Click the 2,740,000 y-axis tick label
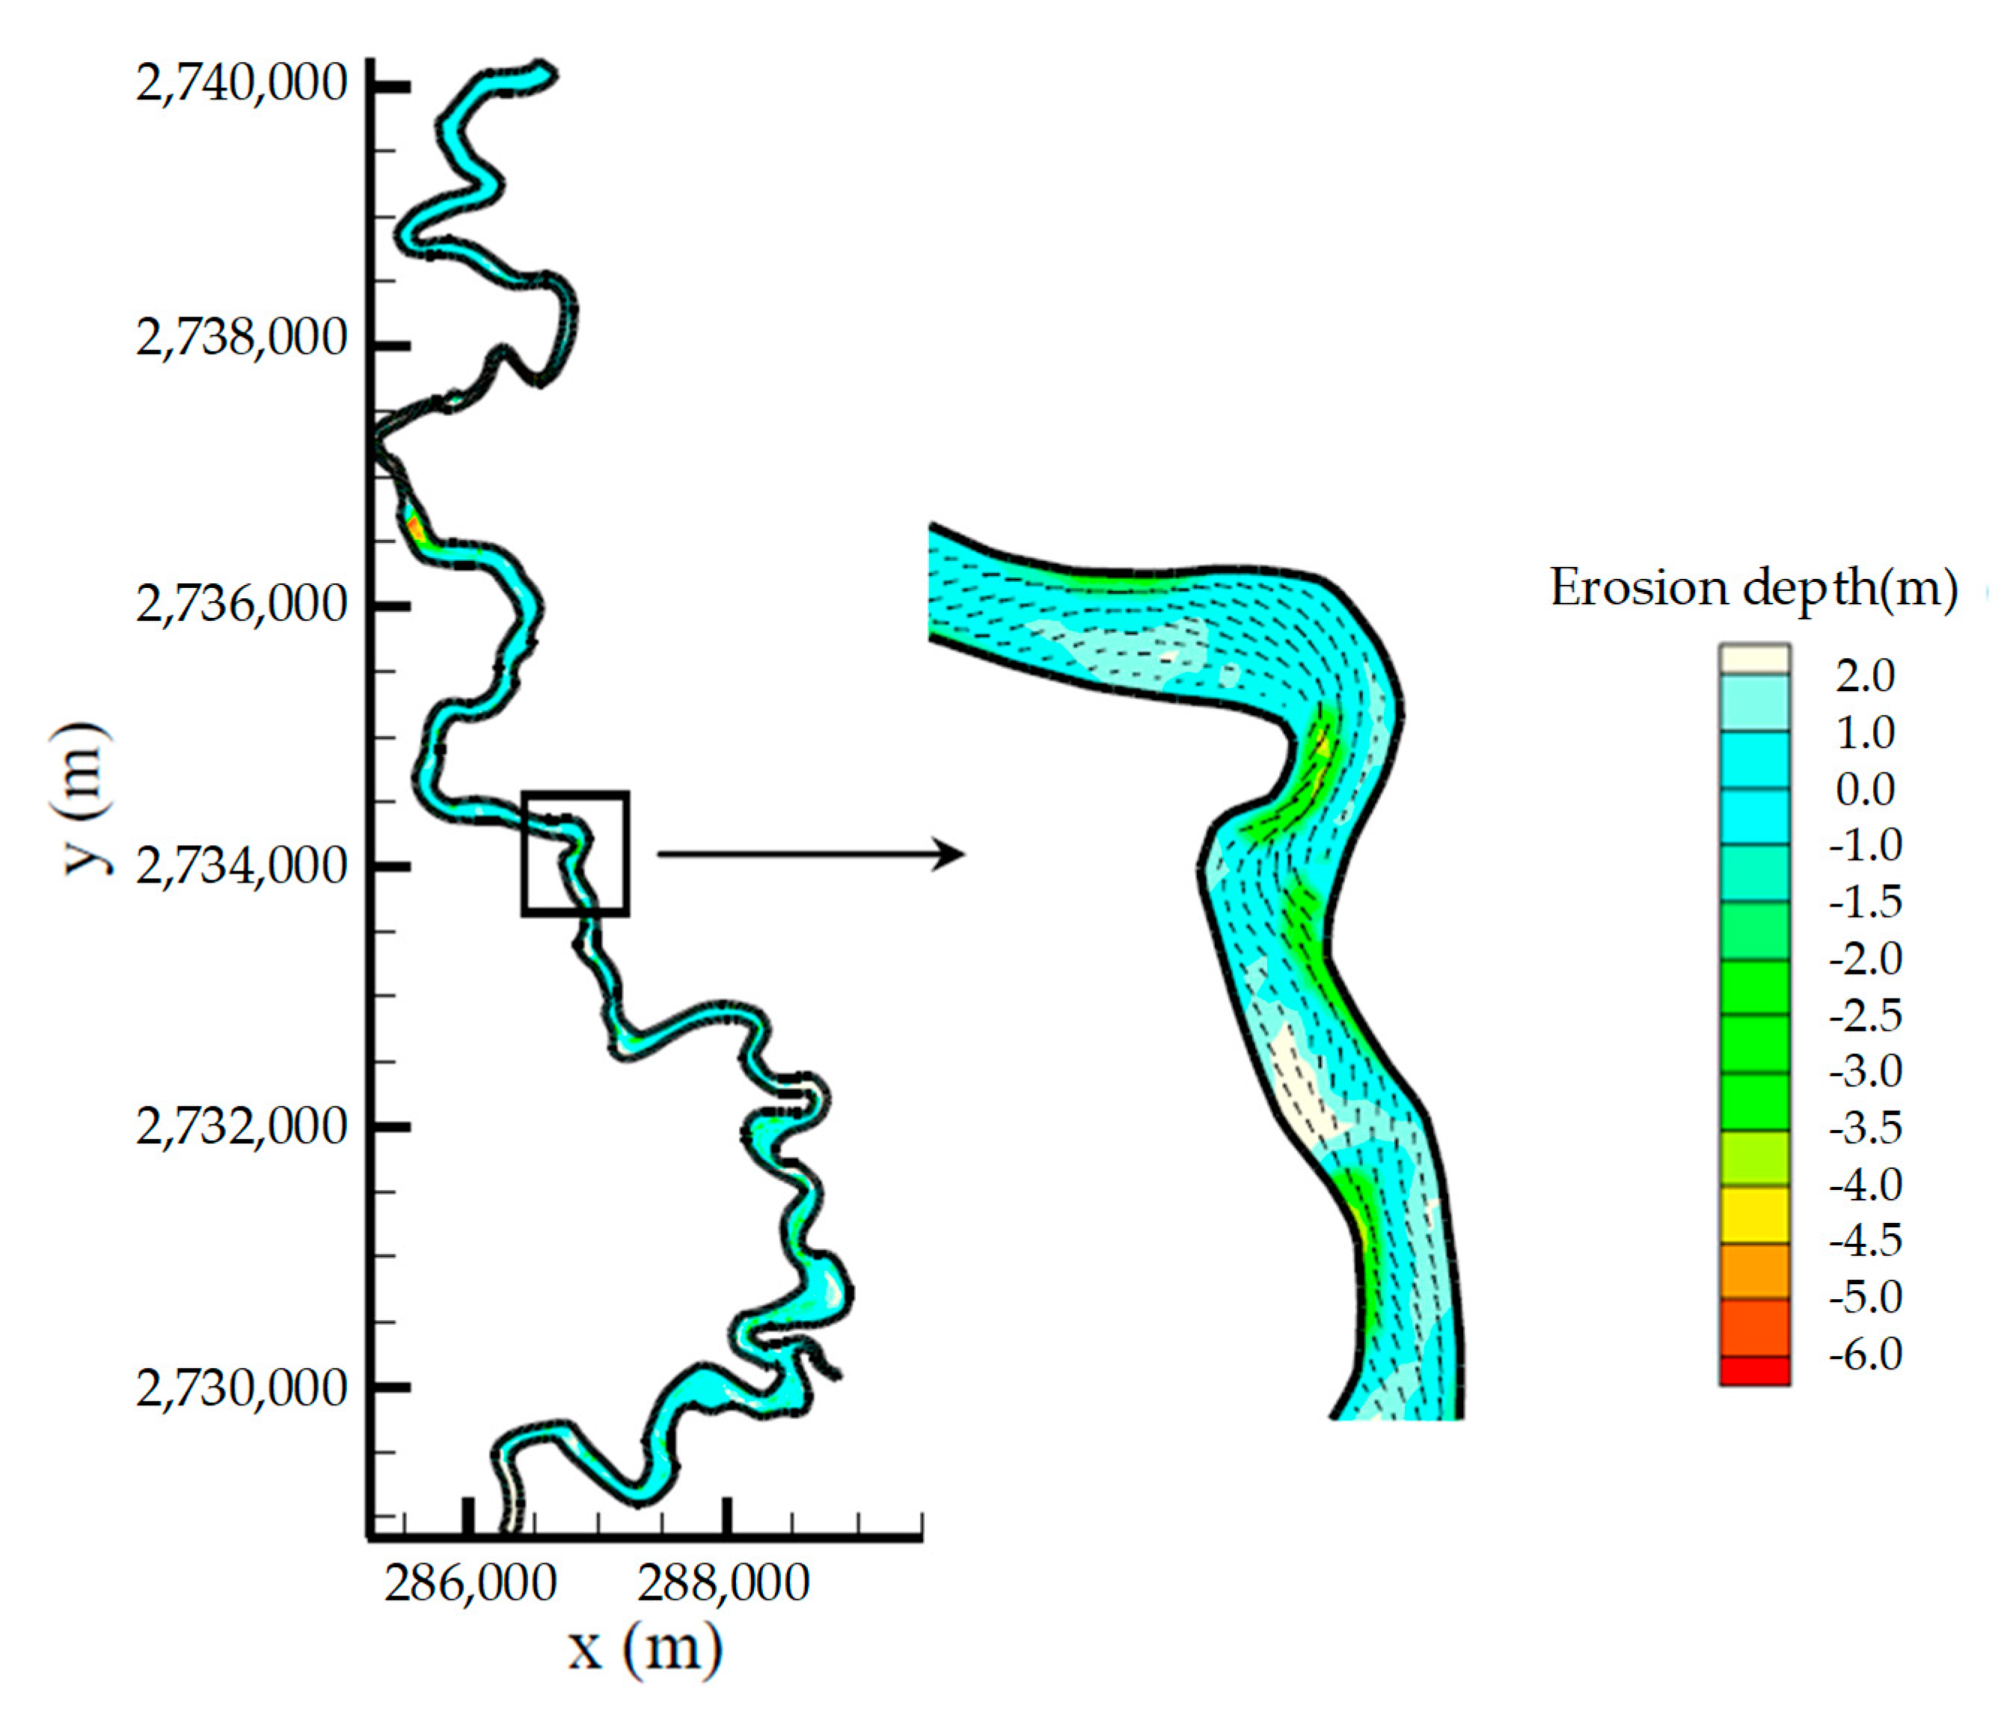241,85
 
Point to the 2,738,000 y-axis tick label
241,339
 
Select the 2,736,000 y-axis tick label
241,604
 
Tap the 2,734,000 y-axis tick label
241,866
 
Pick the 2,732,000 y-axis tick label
241,1126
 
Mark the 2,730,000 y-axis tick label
241,1387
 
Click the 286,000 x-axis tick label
470,1584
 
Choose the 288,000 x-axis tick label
723,1584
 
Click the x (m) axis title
645,1647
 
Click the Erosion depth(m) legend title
1753,588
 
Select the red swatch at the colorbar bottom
1754,1370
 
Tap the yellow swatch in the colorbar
1754,1215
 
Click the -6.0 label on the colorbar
1866,1354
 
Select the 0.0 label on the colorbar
1865,789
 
